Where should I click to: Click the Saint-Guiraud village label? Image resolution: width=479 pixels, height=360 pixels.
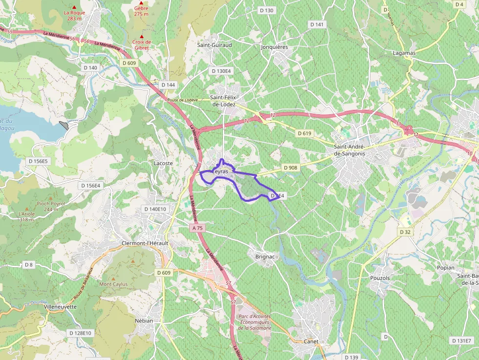pos(214,45)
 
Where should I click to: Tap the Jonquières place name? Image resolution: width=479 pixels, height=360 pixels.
pos(274,47)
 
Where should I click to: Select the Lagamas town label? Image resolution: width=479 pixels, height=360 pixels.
pos(404,53)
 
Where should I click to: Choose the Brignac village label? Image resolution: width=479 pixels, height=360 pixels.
pos(264,256)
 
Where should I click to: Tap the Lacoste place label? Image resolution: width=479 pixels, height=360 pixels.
pos(163,163)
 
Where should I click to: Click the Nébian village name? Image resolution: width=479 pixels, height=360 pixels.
pos(144,320)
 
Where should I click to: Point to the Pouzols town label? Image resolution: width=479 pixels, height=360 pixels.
pos(380,278)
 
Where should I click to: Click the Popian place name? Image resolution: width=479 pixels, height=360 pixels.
pos(445,268)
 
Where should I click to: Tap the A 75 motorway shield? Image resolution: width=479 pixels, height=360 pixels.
pos(197,228)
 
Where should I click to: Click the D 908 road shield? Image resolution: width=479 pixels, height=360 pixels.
pos(290,168)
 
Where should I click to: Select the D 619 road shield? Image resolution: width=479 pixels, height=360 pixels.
pos(304,133)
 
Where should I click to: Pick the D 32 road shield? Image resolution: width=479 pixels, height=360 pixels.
pos(405,232)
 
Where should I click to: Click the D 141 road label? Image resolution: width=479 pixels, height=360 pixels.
pos(317,24)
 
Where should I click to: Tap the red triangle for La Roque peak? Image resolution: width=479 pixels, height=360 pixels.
pos(74,7)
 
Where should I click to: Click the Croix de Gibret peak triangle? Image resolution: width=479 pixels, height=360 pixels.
pos(142,37)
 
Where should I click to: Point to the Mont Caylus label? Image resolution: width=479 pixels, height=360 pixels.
pos(113,284)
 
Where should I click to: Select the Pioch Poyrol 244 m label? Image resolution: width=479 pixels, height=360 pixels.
pos(51,206)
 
